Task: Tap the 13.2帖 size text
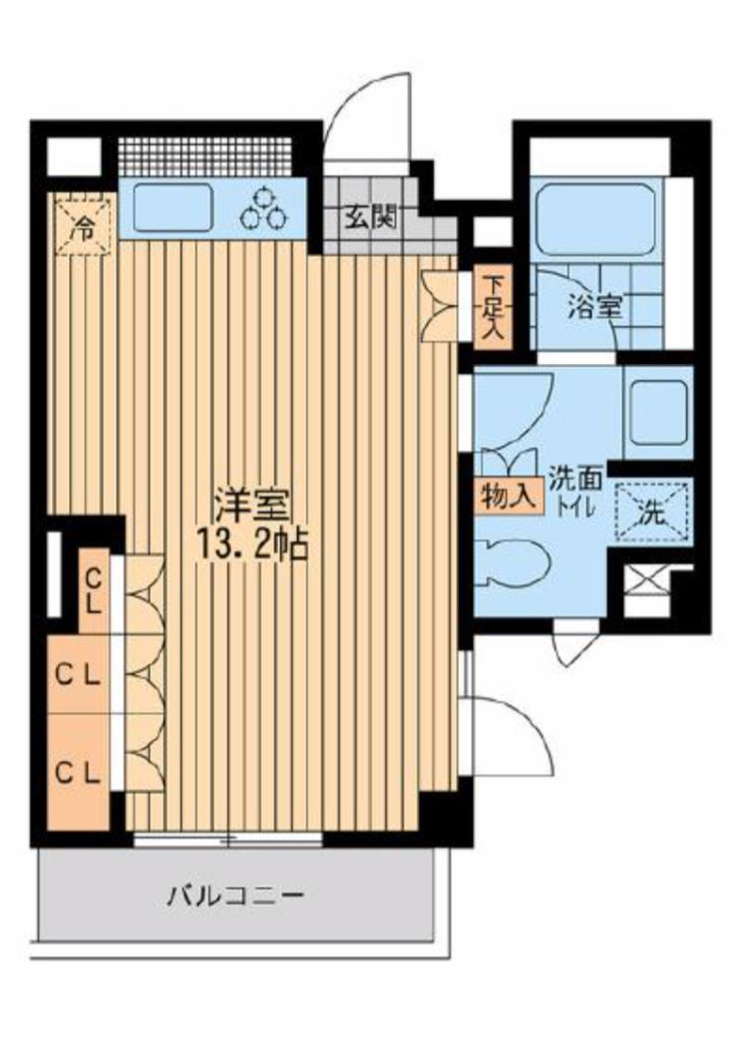tap(252, 545)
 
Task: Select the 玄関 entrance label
tap(370, 217)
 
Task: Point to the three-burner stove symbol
tap(263, 206)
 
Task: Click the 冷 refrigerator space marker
tap(84, 227)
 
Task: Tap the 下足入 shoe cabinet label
tap(493, 308)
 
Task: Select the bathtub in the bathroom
tap(594, 219)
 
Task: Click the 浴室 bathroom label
tap(594, 307)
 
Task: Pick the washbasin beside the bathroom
tap(658, 412)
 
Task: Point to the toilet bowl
tap(514, 563)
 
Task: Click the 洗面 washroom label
tap(575, 480)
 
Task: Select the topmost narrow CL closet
tap(94, 591)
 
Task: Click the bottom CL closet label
tap(79, 772)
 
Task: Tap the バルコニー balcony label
tap(235, 895)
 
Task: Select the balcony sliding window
tap(227, 840)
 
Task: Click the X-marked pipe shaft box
tap(643, 579)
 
